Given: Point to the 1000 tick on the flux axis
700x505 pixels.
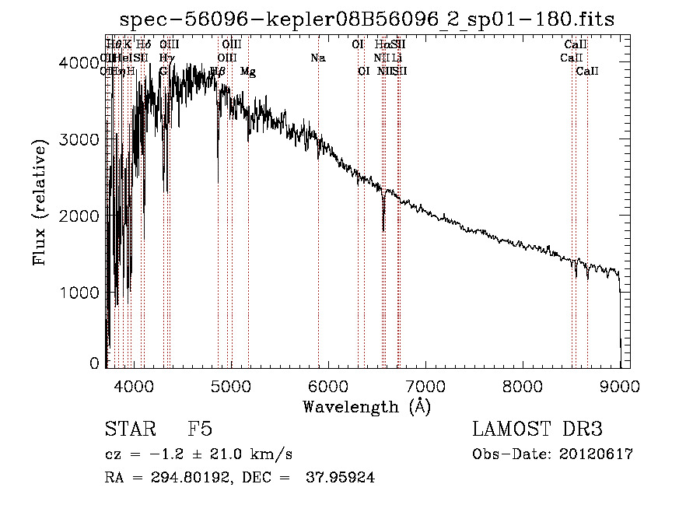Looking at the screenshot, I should tap(80, 293).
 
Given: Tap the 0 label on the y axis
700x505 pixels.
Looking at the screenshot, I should tap(94, 363).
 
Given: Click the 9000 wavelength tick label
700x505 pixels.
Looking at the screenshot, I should tap(620, 386).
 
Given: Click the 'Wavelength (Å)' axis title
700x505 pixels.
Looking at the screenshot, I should tap(366, 406).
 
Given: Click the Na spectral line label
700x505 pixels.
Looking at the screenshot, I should tap(317, 58).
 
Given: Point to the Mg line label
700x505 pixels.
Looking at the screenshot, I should tap(248, 72).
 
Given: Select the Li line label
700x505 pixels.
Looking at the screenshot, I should tap(397, 58).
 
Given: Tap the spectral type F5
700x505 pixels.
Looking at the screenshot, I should tap(200, 430).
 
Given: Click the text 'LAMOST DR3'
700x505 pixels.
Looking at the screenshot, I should tap(537, 430).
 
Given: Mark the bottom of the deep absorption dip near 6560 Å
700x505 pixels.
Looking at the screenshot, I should tap(383, 230).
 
